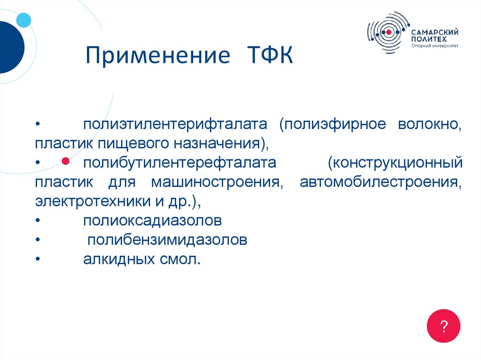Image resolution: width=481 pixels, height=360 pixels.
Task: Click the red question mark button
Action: click(x=443, y=326)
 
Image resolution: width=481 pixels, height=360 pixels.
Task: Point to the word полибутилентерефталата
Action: click(x=179, y=163)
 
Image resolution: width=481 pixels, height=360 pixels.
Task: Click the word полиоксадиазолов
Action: click(x=152, y=220)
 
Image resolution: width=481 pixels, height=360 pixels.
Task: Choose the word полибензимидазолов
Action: click(x=167, y=240)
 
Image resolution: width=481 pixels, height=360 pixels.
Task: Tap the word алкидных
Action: click(x=116, y=259)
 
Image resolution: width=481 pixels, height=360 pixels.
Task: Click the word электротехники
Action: click(x=90, y=201)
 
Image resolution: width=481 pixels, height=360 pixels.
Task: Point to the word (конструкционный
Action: click(x=395, y=163)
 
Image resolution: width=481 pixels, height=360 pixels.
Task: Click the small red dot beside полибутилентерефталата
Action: click(x=66, y=161)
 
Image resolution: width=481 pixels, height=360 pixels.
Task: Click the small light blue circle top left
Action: click(x=23, y=20)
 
